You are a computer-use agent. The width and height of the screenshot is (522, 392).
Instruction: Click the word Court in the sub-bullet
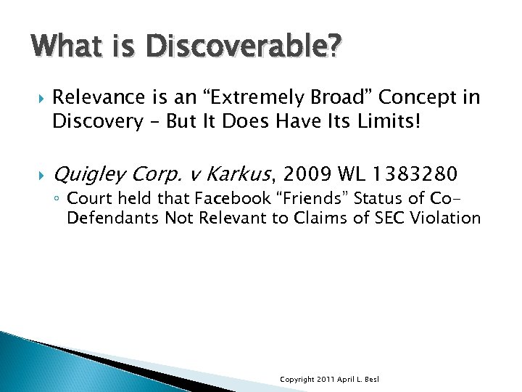[x=88, y=199]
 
